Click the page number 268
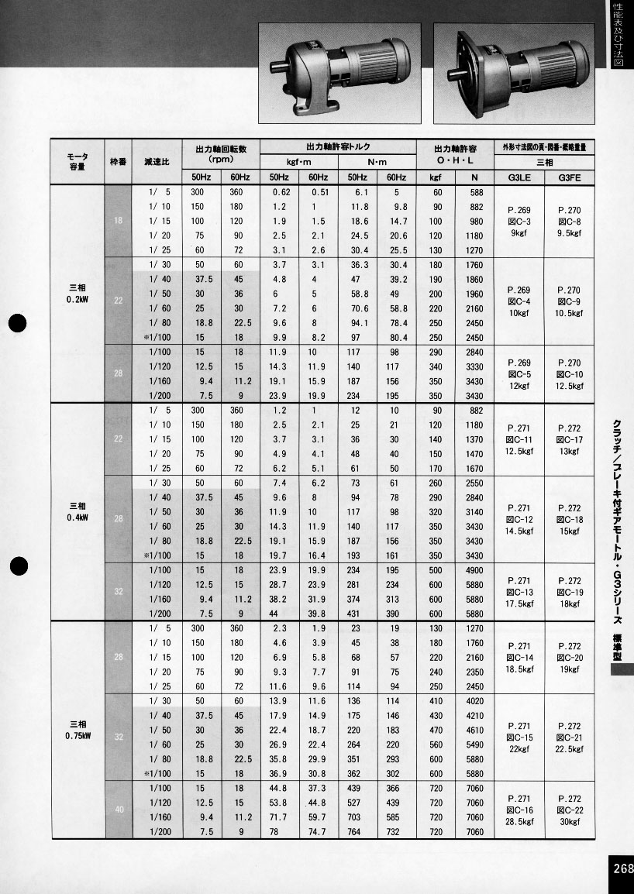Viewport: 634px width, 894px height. (x=622, y=868)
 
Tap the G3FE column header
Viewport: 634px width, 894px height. (x=569, y=177)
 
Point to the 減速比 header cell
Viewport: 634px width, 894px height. (x=157, y=163)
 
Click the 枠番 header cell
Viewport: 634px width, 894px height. (x=118, y=163)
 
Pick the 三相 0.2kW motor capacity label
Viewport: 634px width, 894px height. (x=77, y=293)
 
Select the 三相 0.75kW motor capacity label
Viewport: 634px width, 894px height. (x=77, y=731)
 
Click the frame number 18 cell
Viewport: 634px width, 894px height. (x=118, y=221)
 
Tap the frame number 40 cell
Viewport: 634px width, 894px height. (x=118, y=810)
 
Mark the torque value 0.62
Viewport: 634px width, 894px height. (x=280, y=192)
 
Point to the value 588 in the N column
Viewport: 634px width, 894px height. (x=476, y=192)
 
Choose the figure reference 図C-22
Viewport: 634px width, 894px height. (x=569, y=810)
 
